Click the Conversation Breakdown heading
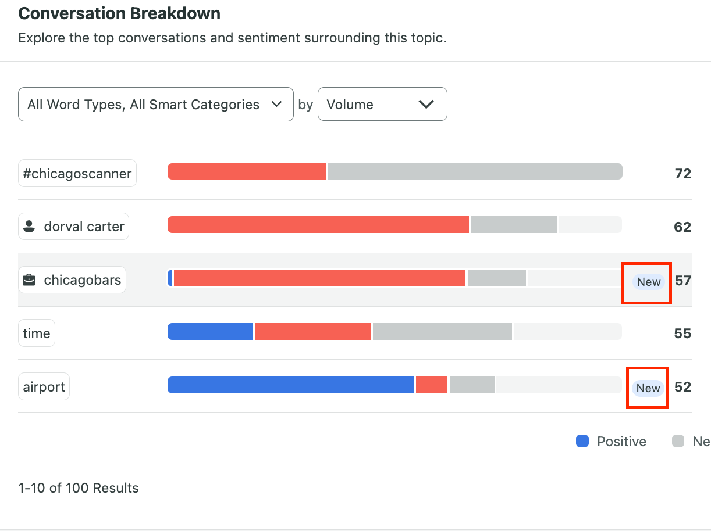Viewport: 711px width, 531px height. coord(119,13)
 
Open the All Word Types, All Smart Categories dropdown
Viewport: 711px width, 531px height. coord(155,105)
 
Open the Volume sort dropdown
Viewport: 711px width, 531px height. coord(382,105)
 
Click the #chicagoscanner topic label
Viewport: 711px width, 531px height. coord(77,173)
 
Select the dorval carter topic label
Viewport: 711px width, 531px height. coord(74,227)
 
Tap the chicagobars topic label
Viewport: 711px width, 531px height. coord(72,280)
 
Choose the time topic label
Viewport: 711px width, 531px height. coord(37,333)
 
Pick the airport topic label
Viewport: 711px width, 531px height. coord(44,387)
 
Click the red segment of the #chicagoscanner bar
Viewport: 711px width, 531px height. coord(246,171)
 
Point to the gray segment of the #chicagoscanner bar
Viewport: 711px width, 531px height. coord(475,171)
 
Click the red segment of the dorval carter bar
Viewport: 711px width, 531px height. coord(318,225)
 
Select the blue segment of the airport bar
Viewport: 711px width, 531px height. coord(290,385)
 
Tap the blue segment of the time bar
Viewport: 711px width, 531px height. coord(209,332)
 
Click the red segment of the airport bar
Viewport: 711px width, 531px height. coord(432,385)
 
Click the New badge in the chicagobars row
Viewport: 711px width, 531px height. coord(648,282)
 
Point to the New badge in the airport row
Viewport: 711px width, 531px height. coord(648,388)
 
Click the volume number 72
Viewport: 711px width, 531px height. coord(682,174)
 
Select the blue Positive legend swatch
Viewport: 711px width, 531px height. coord(582,442)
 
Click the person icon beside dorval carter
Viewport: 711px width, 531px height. coord(29,227)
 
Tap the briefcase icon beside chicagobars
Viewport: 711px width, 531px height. coord(29,280)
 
